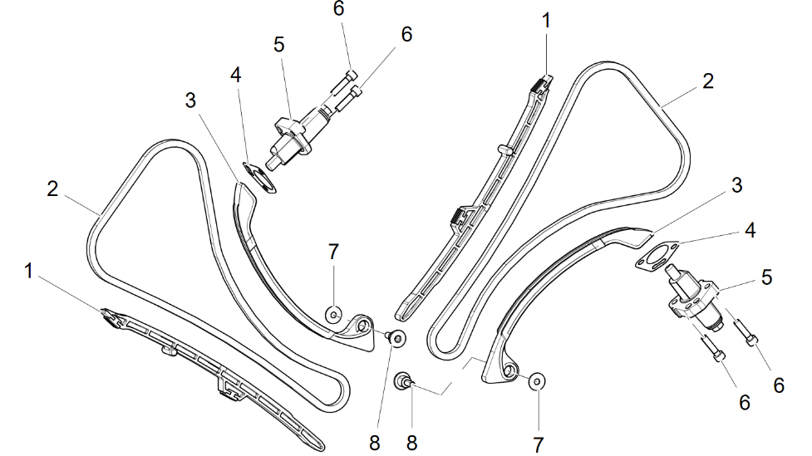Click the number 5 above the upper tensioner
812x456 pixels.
[x=279, y=44]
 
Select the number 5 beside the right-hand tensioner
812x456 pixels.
[x=766, y=277]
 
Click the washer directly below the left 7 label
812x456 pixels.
[x=332, y=314]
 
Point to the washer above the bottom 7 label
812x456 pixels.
[x=537, y=380]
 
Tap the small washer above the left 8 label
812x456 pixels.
[x=397, y=337]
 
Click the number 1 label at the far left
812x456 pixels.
[x=29, y=271]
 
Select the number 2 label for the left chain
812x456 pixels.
[x=52, y=189]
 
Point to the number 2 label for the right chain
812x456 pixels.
[x=707, y=81]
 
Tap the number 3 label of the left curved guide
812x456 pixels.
[x=190, y=101]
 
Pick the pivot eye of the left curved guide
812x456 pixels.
[x=362, y=326]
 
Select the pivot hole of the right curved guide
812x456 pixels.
[x=509, y=370]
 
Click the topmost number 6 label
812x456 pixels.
[x=338, y=8]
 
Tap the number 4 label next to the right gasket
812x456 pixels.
[x=750, y=230]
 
